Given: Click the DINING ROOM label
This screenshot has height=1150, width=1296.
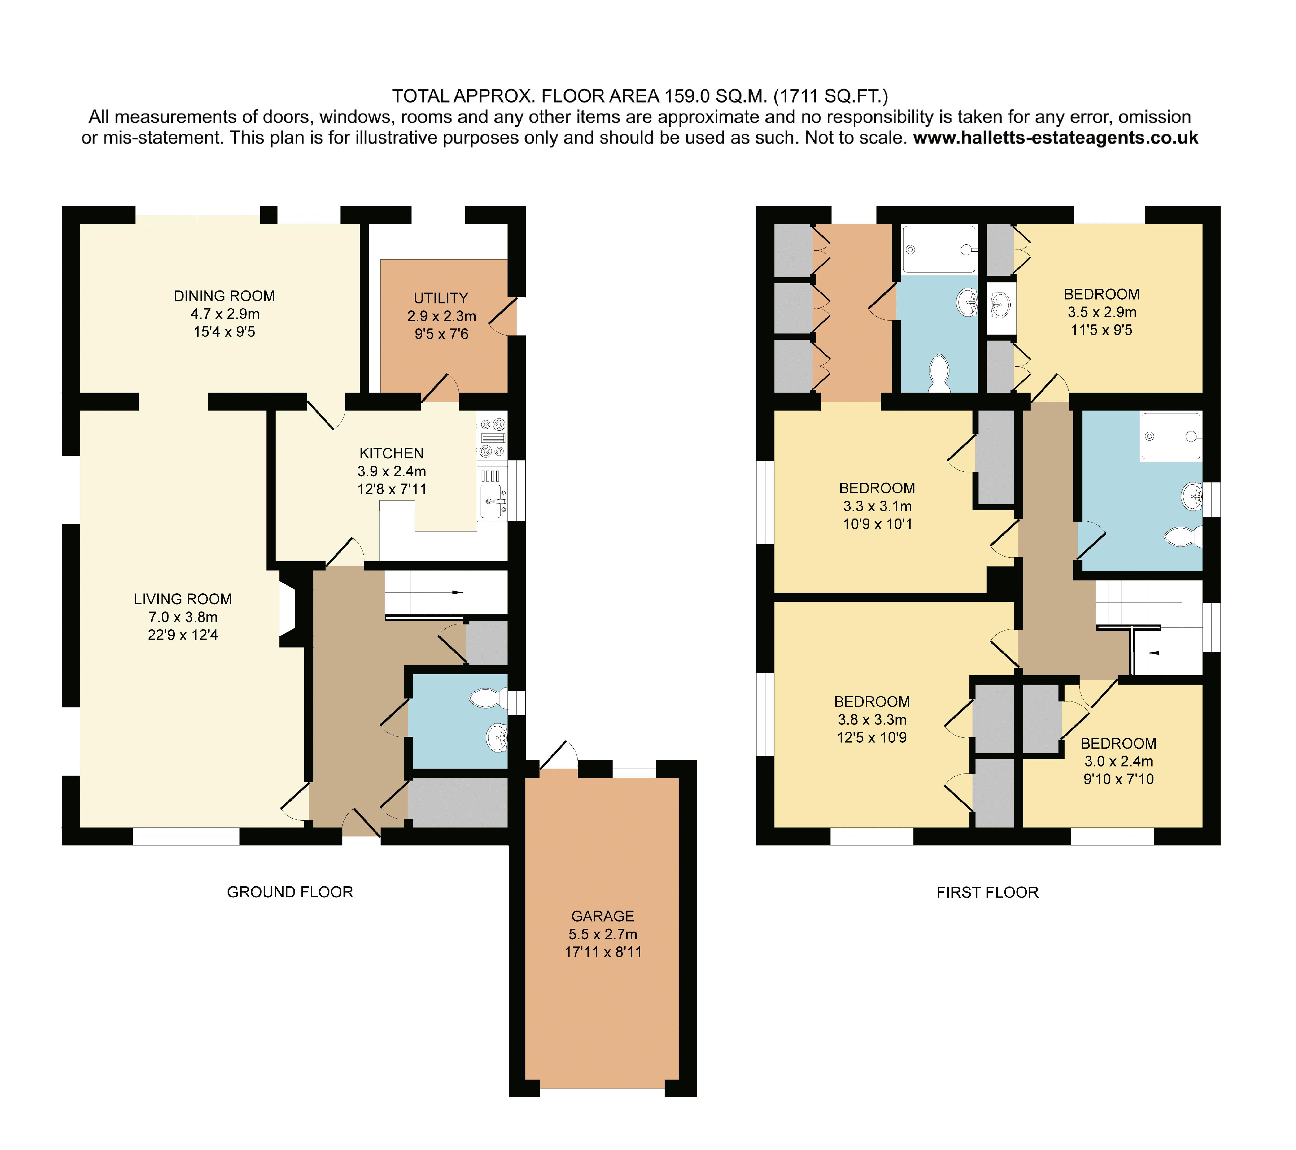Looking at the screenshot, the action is [x=224, y=296].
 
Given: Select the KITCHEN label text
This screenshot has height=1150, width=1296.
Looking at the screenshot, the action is [x=392, y=453].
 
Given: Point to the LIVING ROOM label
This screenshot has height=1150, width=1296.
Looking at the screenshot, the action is [x=183, y=599].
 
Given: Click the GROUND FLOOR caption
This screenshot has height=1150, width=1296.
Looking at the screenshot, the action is [x=290, y=892].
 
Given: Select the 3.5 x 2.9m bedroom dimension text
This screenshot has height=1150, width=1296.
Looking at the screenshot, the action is [x=1102, y=312].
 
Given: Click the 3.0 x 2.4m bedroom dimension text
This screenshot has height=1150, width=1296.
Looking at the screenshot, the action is [x=1118, y=761].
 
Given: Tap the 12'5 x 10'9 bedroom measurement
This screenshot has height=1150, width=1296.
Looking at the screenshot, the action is [x=872, y=737].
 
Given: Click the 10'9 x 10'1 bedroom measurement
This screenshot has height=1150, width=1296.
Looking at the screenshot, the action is [x=878, y=524].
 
